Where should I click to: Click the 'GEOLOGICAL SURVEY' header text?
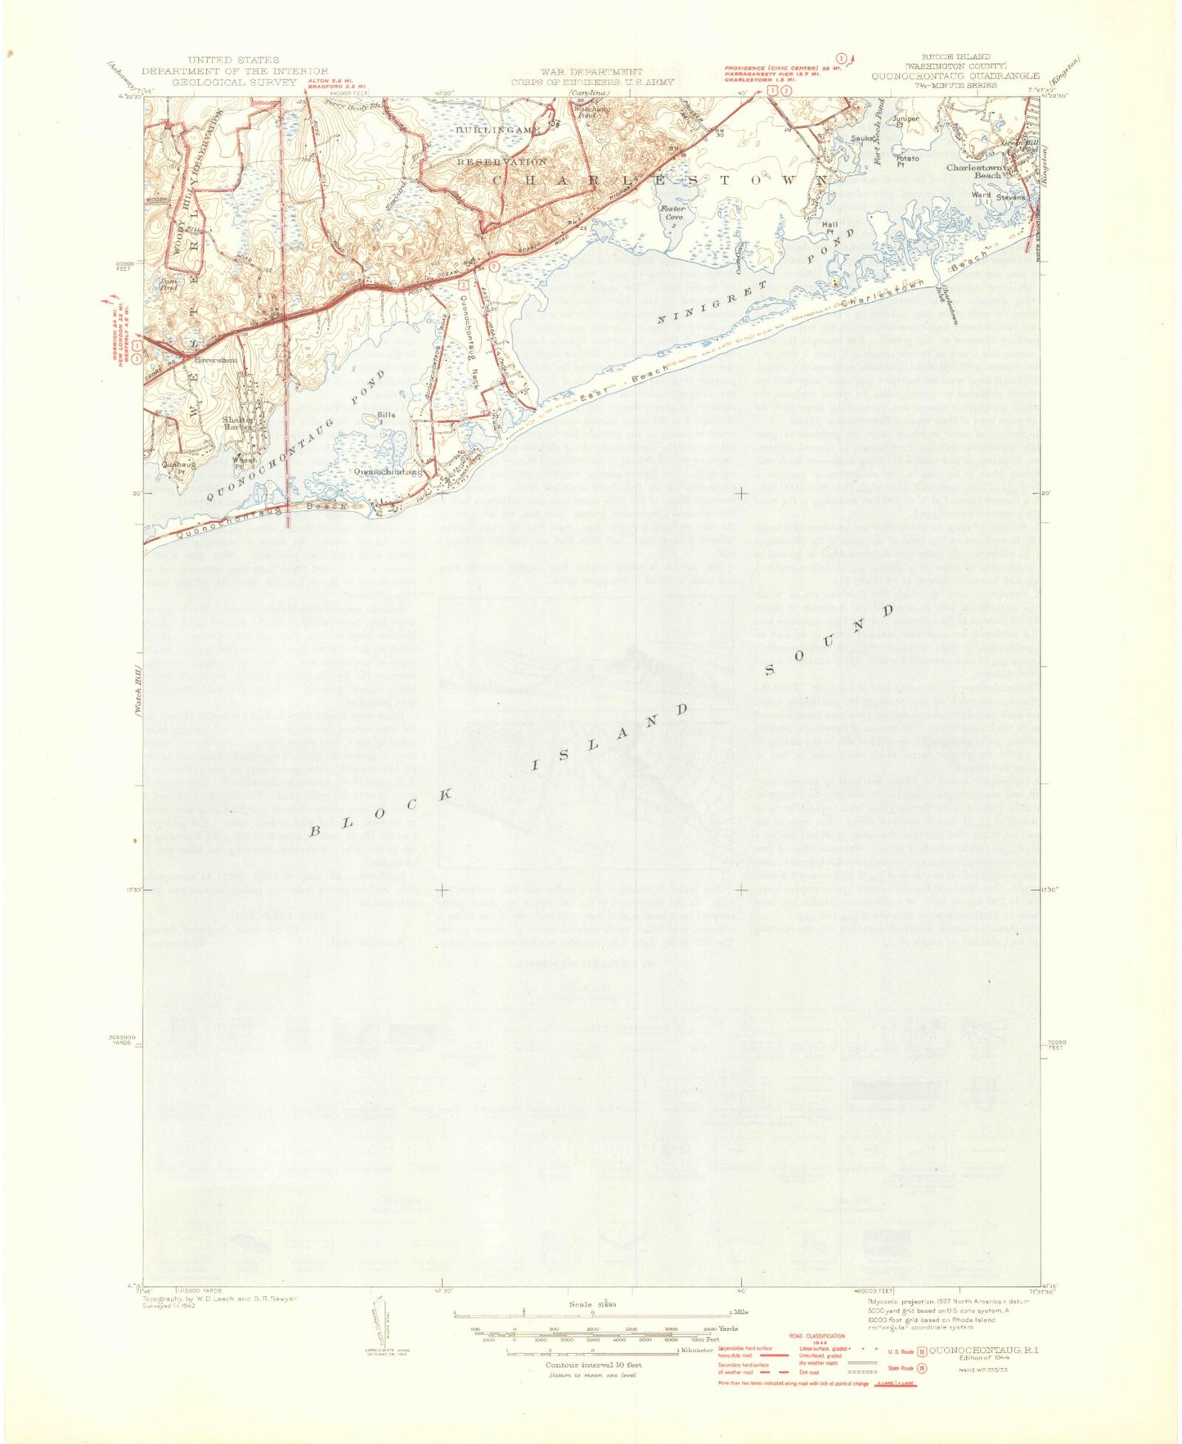(234, 82)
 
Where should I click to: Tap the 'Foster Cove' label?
(673, 214)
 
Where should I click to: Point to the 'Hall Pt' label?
(831, 228)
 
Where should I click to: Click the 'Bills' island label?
(386, 416)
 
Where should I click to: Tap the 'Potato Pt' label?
(906, 160)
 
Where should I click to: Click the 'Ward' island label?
(981, 196)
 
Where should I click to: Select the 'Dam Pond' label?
(168, 286)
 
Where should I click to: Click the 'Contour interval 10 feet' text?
(593, 1365)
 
